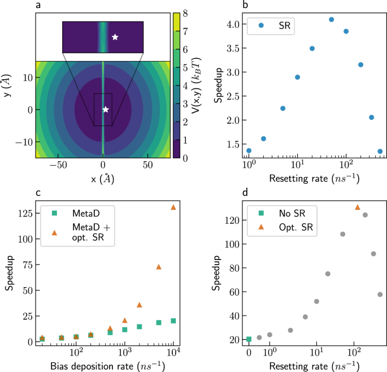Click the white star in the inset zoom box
pos(115,37)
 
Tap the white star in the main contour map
pos(105,109)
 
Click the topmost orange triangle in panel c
pos(173,207)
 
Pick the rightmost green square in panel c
pos(173,321)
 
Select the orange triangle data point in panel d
pos(357,207)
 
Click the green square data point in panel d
pos(249,339)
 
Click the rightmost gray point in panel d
pos(380,295)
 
